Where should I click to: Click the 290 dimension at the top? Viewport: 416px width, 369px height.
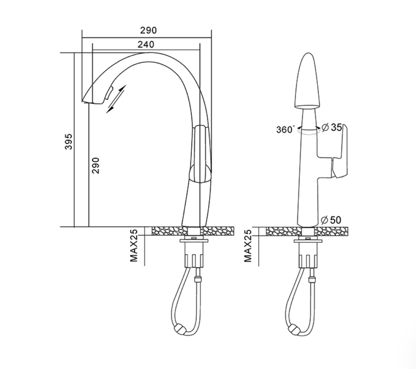[x=148, y=30]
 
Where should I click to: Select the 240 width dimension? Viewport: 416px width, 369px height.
[x=146, y=44]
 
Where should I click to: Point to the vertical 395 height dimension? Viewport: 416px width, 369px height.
[x=69, y=142]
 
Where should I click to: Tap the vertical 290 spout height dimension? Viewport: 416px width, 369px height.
[x=96, y=165]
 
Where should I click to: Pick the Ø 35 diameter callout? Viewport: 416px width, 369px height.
[x=332, y=128]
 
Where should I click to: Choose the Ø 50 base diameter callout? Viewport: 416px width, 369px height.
[x=331, y=220]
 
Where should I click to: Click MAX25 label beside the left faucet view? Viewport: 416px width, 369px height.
[x=134, y=246]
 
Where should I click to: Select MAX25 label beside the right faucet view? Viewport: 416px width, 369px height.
[x=248, y=246]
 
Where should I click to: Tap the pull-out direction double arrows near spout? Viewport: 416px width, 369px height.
[x=116, y=99]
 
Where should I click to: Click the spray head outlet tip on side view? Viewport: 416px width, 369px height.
[x=92, y=102]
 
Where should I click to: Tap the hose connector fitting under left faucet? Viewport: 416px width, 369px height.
[x=197, y=279]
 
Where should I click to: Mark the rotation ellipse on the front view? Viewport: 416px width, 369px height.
[x=308, y=132]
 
